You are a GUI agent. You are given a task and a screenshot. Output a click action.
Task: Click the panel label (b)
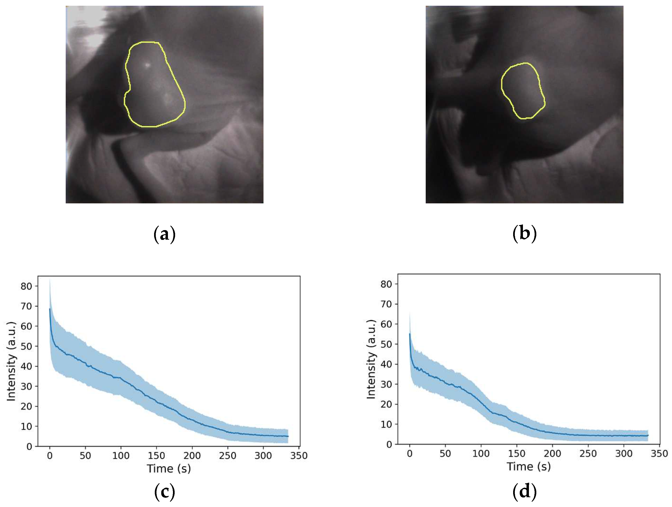pos(524,233)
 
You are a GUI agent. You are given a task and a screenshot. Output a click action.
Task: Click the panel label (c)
pos(164,491)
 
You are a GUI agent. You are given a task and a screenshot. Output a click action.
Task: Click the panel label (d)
pos(524,491)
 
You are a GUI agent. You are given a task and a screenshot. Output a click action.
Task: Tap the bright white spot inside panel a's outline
pos(147,65)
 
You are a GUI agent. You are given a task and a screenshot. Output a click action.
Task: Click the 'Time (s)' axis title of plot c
pos(169,468)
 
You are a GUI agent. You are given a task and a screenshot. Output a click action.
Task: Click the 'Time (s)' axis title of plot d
pos(529,466)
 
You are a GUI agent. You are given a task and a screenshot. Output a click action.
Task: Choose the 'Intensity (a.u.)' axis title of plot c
pos(11,361)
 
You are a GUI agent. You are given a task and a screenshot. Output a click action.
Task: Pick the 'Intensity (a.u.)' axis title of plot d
pos(371,359)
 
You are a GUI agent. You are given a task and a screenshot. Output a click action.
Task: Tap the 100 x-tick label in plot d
pos(481,454)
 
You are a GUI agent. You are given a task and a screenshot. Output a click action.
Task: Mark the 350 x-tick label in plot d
pos(659,454)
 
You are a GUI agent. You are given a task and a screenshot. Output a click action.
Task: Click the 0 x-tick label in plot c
pos(50,455)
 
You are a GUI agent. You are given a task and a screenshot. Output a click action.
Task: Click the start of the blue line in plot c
pos(50,309)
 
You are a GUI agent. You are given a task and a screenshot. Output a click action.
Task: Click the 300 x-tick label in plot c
pos(263,455)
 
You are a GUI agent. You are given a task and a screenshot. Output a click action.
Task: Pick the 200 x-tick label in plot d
pos(552,454)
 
